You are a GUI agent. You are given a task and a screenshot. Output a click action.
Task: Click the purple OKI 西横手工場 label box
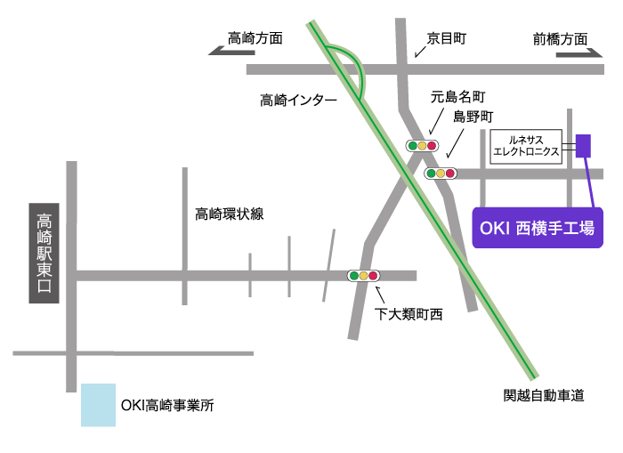point(538,229)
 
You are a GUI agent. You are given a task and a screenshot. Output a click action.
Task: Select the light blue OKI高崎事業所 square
point(98,405)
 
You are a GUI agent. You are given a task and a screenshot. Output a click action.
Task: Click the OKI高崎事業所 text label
point(167,405)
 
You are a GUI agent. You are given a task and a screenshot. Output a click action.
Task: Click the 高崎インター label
point(298,101)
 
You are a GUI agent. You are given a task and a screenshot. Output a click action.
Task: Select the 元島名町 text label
point(457,96)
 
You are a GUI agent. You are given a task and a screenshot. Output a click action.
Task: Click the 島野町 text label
point(473,117)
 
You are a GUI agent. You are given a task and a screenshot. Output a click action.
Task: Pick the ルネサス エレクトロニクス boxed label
point(527,146)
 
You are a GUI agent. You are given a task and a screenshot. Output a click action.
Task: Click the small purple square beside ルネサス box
point(584,145)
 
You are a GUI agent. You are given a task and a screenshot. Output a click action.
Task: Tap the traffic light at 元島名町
point(422,146)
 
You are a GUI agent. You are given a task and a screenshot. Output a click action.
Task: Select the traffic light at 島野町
point(440,174)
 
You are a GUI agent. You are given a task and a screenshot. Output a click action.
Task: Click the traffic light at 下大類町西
point(363,276)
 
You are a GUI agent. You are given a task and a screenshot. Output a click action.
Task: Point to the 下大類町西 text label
point(408,314)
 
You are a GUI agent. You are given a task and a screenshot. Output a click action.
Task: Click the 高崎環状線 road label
point(230,214)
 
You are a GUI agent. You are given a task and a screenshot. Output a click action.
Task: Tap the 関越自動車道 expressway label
point(544,396)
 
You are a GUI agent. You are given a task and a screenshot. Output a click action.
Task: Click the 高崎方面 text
point(255,38)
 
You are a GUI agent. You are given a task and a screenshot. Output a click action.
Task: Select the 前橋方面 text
point(561,38)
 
